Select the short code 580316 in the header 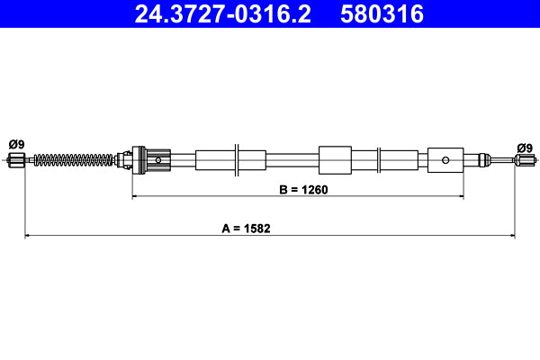[381, 14]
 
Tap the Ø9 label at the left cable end [15, 144]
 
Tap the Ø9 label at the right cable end [525, 148]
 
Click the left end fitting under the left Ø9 [15, 161]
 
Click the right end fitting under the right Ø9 [525, 161]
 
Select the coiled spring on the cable [77, 161]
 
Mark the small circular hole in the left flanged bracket [158, 161]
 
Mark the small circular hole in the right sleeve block [445, 161]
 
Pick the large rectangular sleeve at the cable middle [335, 160]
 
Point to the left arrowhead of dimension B [136, 194]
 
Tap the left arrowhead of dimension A [28, 236]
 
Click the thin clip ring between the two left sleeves [235, 160]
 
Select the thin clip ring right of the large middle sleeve [379, 160]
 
